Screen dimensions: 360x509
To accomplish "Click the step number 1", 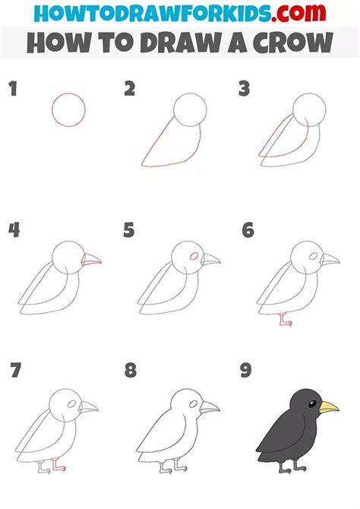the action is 13,89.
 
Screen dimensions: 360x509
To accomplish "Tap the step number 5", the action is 129,230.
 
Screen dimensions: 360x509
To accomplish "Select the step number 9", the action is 246,371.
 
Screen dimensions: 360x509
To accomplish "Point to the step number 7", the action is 16,370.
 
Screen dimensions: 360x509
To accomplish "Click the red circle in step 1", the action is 52,109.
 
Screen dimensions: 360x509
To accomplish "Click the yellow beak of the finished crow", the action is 329,407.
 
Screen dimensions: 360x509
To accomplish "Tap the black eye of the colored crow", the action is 312,404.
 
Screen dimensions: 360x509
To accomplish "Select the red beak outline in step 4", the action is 92,259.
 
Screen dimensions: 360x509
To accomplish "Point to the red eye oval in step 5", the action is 194,256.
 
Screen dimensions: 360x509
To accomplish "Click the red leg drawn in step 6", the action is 285,320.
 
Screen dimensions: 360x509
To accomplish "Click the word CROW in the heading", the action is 293,43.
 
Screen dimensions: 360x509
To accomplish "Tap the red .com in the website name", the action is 299,14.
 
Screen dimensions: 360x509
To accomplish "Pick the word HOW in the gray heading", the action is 59,43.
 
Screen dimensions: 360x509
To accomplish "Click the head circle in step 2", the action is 174,109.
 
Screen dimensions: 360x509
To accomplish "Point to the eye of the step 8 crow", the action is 194,404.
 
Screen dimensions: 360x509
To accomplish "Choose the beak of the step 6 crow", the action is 330,259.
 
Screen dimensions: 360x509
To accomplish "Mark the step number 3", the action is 244,89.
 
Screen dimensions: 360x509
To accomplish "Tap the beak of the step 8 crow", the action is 210,407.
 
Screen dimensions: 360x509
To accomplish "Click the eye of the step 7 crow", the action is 71,404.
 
